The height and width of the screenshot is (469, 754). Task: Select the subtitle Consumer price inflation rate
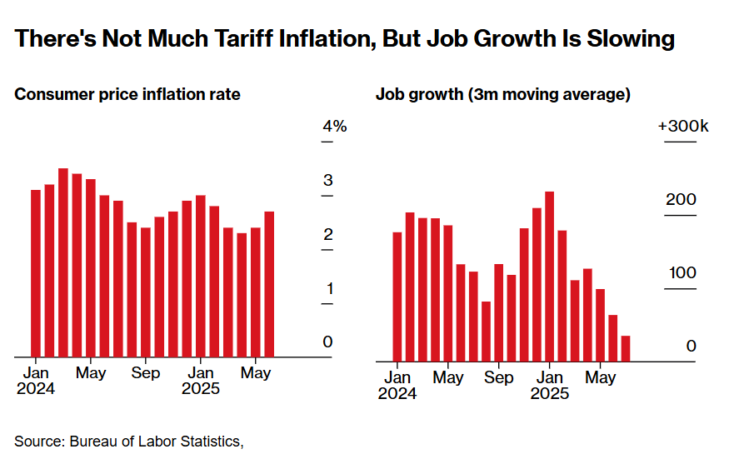127,94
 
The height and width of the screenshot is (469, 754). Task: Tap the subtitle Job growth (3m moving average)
502,94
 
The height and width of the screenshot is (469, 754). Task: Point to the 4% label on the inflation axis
334,127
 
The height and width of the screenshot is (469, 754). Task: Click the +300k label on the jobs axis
682,127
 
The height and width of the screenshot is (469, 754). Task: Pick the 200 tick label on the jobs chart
681,200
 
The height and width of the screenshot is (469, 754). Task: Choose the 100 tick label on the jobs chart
681,273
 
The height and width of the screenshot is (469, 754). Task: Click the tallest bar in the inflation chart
63,262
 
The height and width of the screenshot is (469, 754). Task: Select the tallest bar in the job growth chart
549,276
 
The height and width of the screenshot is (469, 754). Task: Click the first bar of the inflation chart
36,273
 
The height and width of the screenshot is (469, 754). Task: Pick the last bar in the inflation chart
269,284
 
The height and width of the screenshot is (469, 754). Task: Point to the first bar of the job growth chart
397,296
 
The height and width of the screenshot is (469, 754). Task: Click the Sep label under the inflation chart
146,373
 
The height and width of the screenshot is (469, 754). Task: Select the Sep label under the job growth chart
499,377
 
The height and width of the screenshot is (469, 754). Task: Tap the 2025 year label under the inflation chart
201,389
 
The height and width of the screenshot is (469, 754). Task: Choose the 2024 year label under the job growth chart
397,393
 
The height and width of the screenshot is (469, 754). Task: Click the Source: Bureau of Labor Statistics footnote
129,441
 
